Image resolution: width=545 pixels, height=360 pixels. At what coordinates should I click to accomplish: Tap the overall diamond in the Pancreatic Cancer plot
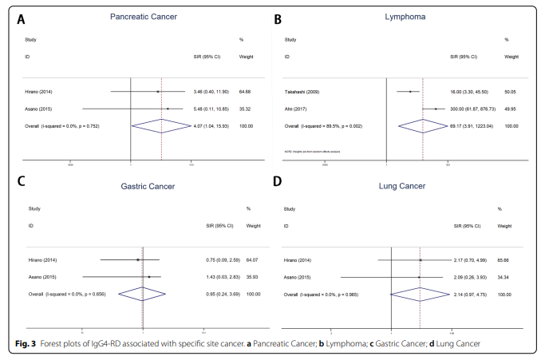tap(162, 125)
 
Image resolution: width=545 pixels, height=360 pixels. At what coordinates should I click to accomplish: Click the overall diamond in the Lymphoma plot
tap(423, 125)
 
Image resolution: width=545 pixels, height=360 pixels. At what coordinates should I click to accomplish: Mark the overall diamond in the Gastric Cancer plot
tap(141, 294)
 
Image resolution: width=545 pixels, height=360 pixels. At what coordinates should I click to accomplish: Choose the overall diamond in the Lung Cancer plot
tap(420, 294)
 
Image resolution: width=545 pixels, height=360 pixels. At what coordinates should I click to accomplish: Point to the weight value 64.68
tap(246, 92)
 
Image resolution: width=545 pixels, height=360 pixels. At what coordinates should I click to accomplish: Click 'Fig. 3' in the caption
tap(26, 343)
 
